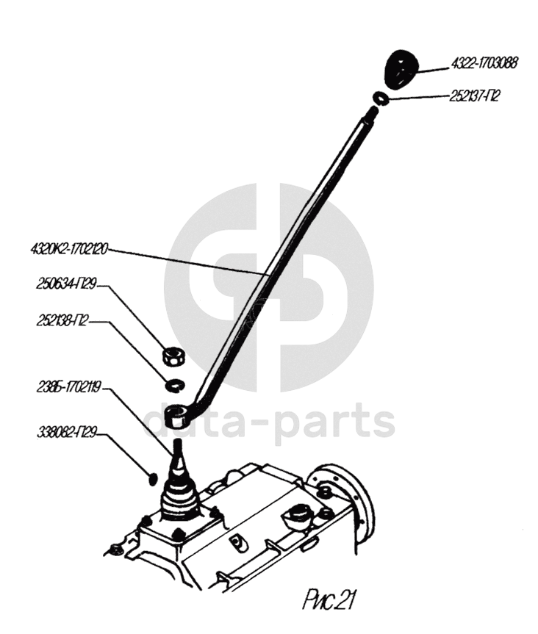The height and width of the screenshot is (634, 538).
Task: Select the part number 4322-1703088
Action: [x=485, y=64]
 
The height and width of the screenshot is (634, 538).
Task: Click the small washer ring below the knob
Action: [x=380, y=98]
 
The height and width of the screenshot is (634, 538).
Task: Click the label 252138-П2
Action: [x=63, y=321]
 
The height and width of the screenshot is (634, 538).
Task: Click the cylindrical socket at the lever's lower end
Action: [x=177, y=417]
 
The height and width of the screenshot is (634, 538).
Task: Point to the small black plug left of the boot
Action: [x=153, y=478]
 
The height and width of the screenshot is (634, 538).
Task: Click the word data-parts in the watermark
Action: [x=269, y=422]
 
